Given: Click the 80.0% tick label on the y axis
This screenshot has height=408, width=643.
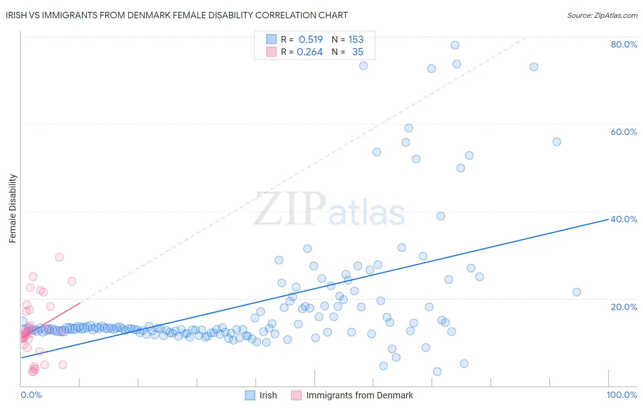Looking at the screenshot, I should click(x=624, y=44).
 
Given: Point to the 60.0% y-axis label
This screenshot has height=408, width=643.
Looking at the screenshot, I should click(x=624, y=132).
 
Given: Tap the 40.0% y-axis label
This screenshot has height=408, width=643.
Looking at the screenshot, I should click(x=624, y=219).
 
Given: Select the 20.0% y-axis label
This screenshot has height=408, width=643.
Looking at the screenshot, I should click(x=624, y=306).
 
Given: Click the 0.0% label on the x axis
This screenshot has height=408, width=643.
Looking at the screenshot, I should click(x=31, y=395).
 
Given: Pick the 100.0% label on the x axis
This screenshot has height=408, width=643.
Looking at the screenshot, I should click(x=622, y=395).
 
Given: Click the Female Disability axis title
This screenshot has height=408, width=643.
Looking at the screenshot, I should click(x=13, y=208).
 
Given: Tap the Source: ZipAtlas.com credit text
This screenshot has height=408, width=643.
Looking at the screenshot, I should click(x=602, y=16).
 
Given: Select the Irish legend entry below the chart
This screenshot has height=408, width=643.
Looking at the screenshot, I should click(x=268, y=395).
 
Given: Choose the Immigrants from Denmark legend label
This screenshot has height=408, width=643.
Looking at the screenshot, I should click(x=359, y=395).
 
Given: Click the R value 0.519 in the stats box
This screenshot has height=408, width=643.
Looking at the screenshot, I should click(x=311, y=40).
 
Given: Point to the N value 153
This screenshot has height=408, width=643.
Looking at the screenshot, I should click(x=356, y=40).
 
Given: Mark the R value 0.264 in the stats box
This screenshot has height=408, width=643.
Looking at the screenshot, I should click(x=310, y=52).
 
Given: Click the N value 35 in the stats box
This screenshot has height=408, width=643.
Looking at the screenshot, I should click(x=358, y=52).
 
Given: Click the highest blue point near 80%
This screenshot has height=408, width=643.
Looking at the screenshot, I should click(x=455, y=45).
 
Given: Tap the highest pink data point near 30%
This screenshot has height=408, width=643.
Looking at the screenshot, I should click(x=59, y=257).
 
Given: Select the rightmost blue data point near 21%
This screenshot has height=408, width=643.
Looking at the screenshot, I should click(x=577, y=292).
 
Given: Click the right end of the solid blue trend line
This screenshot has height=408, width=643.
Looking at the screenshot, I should click(x=608, y=219).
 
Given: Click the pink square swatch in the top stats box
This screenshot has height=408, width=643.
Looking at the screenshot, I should click(x=271, y=52).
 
